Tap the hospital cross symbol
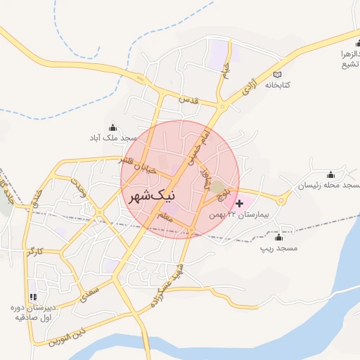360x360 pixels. tap(240, 203)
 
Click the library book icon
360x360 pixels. tap(278, 75)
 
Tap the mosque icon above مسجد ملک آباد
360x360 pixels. tap(113, 127)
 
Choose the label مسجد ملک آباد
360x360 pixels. tap(113, 138)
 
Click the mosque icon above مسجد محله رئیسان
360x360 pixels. tap(330, 174)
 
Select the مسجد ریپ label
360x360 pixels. tap(279, 248)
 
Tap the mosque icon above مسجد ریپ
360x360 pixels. tap(279, 238)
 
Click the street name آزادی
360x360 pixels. tap(249, 88)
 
